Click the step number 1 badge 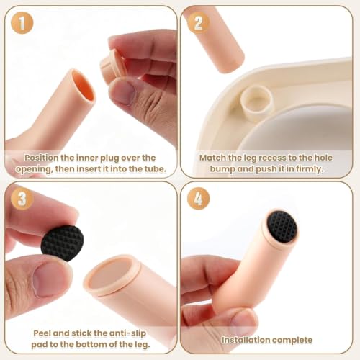22,23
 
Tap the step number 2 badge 198,23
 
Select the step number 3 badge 22,199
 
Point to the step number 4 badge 198,199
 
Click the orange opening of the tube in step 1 84,88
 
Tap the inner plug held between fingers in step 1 114,66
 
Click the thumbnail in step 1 122,92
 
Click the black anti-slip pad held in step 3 62,243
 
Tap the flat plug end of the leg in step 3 111,274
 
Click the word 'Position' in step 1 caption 41,158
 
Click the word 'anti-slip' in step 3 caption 127,333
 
